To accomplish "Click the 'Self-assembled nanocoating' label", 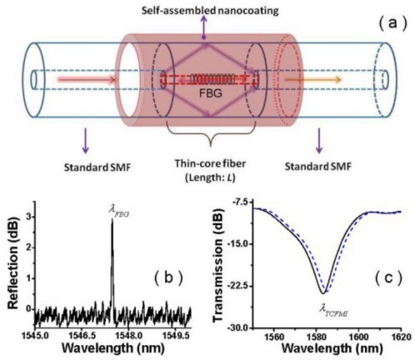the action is [210, 11].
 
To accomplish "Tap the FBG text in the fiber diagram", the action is [211, 93].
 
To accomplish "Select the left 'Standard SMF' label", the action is [97, 167].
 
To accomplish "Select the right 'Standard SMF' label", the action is [318, 167].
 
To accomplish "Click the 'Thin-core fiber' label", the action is [210, 163].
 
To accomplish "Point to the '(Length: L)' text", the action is [210, 177].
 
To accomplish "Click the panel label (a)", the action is [392, 23].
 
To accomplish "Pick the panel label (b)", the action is [169, 277].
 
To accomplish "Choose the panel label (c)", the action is [388, 277].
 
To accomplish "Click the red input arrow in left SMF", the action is [86, 80].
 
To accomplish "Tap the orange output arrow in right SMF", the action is [312, 80].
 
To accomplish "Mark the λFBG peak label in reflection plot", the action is [118, 212].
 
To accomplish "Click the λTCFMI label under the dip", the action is [333, 311].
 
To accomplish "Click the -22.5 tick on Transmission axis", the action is [240, 286].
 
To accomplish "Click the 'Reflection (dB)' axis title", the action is [13, 263].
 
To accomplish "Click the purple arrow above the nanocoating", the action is [204, 27].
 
